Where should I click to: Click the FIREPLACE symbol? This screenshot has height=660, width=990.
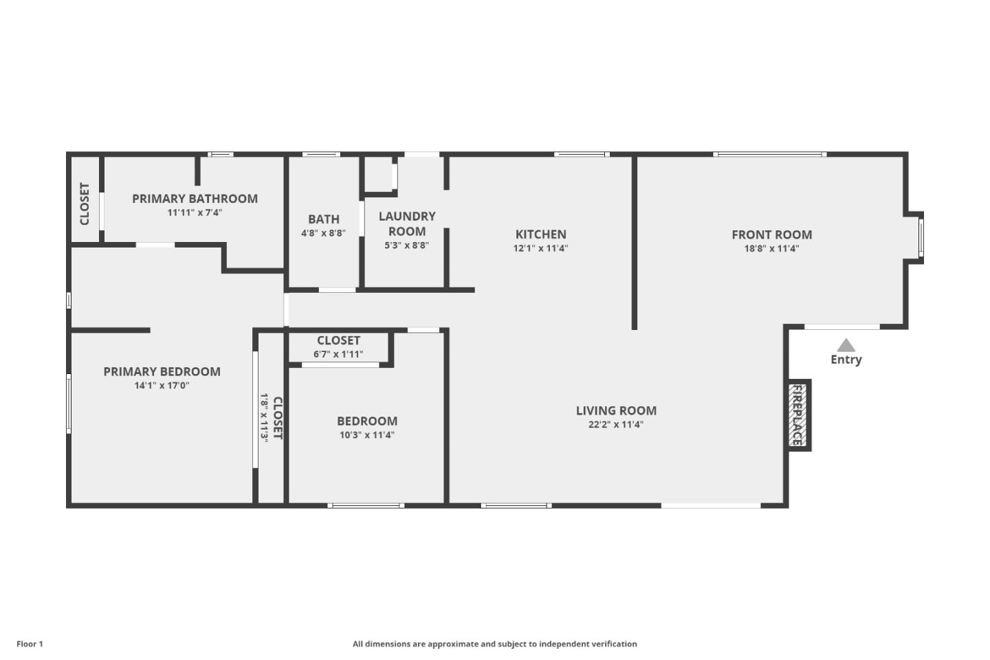click(x=798, y=415)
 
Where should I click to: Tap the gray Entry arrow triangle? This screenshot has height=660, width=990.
click(x=846, y=345)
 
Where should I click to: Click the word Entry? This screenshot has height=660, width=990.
click(x=846, y=360)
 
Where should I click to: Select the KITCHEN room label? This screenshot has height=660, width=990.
click(x=540, y=234)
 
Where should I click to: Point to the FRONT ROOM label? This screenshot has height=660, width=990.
click(x=771, y=234)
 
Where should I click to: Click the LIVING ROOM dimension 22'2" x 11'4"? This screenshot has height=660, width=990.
click(x=615, y=425)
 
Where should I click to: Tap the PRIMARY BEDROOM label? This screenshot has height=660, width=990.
click(x=162, y=371)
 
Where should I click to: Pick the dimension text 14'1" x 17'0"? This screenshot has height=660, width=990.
click(x=162, y=386)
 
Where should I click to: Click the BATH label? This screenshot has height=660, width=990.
click(x=323, y=219)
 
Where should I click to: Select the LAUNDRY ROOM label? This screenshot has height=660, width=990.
click(x=407, y=223)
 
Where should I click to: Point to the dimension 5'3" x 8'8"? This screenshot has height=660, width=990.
click(x=406, y=245)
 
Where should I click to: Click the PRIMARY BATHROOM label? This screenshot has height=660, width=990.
click(x=195, y=199)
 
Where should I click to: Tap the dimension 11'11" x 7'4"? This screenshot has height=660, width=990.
click(x=195, y=212)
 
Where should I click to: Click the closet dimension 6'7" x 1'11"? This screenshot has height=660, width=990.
click(x=338, y=354)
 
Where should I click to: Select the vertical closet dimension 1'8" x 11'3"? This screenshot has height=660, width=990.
click(x=264, y=417)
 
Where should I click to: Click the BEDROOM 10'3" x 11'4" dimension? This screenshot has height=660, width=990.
click(x=366, y=435)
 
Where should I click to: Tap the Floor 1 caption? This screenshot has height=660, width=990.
click(x=30, y=644)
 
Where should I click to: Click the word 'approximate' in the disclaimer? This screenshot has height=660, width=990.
click(x=453, y=644)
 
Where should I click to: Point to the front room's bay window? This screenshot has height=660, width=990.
click(x=921, y=237)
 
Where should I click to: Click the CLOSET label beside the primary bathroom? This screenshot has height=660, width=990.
click(x=85, y=203)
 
